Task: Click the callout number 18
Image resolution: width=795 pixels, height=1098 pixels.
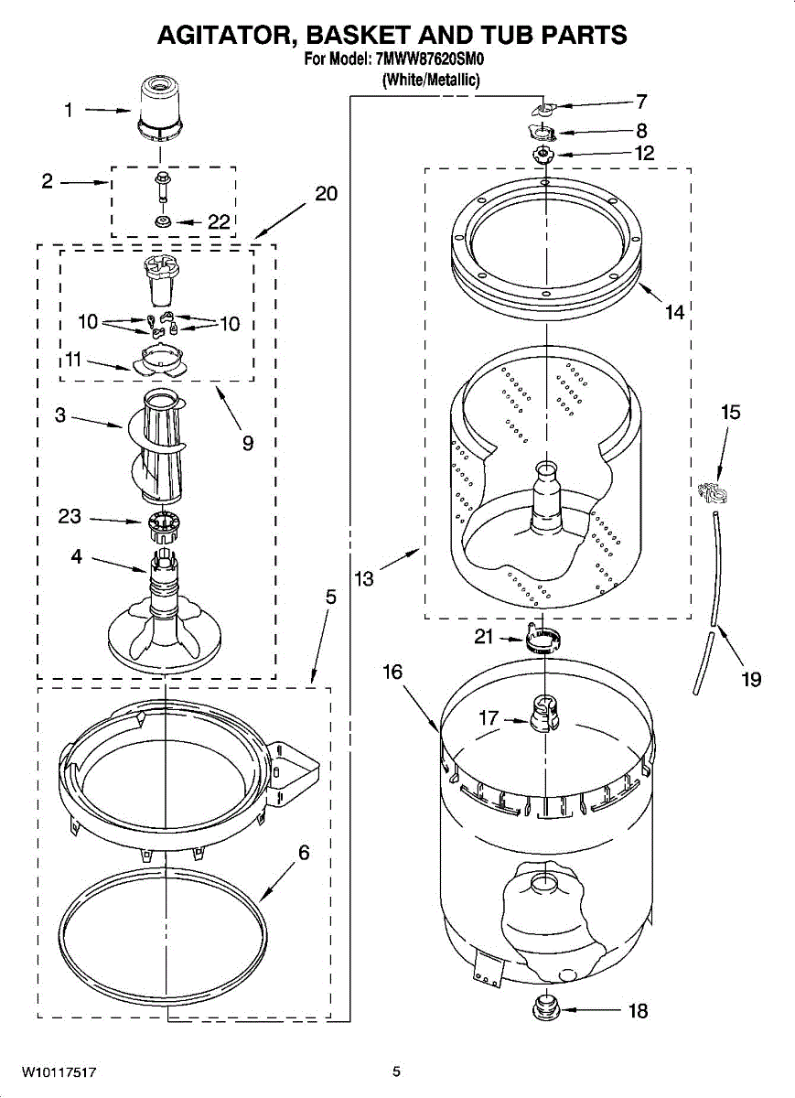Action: click(638, 1011)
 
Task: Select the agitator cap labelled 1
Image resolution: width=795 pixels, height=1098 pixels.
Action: click(161, 109)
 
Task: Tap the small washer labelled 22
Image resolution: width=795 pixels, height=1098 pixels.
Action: click(163, 222)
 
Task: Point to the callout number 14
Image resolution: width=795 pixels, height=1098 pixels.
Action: click(674, 313)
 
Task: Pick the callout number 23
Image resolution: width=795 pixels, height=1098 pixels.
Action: click(70, 517)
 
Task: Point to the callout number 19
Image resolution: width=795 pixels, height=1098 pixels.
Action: click(751, 679)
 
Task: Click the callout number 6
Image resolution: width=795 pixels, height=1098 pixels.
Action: click(304, 853)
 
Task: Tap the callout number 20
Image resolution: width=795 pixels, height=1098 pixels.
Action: click(326, 194)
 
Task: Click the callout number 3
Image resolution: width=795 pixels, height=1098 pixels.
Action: click(60, 415)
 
